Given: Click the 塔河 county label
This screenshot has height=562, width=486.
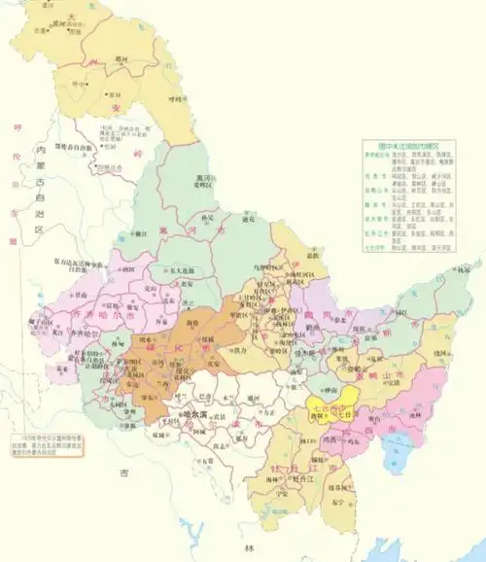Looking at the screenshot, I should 121,59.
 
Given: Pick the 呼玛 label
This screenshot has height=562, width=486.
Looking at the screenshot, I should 174,97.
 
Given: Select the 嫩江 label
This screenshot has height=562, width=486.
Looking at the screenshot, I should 142,233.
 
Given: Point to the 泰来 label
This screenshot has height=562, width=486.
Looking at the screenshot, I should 63,369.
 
